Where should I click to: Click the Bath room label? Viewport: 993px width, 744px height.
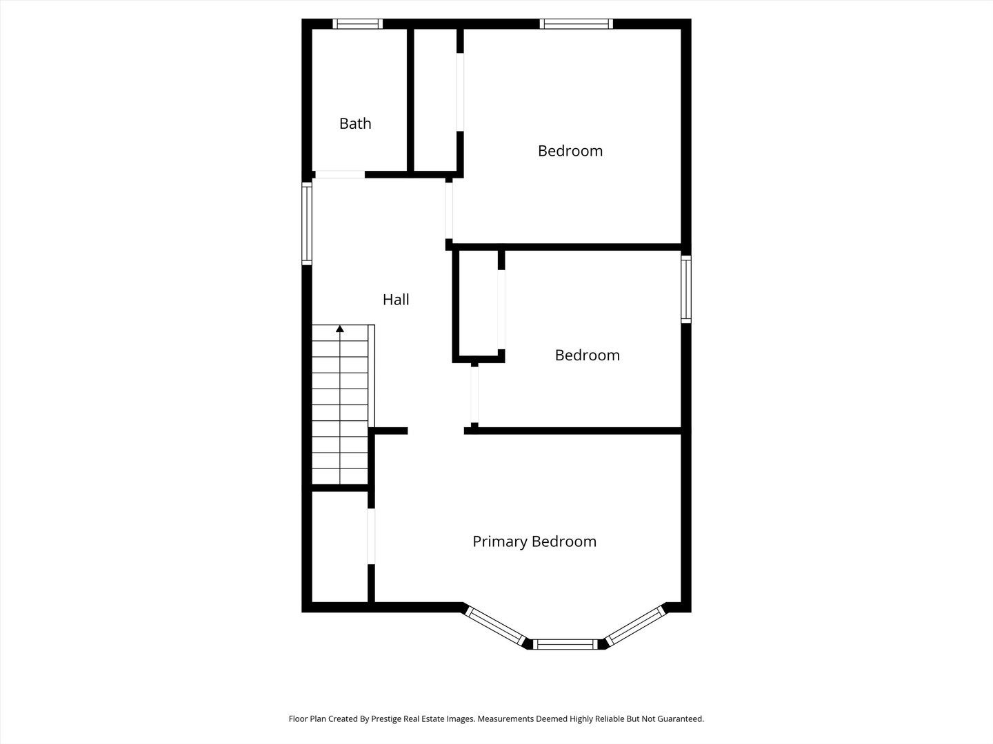(x=355, y=123)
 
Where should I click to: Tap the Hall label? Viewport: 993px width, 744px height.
(x=396, y=300)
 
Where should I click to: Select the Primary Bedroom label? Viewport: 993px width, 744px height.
(x=534, y=541)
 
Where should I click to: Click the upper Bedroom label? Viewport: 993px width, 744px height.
(x=570, y=151)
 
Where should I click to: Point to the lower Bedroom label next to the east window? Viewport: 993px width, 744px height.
(x=588, y=355)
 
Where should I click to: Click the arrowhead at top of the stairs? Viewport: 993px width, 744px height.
(x=340, y=329)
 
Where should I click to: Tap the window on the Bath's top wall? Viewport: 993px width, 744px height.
(x=358, y=23)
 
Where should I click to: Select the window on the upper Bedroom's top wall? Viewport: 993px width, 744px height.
(x=576, y=23)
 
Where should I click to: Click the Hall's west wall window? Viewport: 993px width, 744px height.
(x=307, y=223)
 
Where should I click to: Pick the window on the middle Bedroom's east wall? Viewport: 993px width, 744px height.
(x=686, y=289)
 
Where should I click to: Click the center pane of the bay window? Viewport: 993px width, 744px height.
(x=565, y=645)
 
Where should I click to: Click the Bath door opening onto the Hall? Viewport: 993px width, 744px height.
(x=339, y=174)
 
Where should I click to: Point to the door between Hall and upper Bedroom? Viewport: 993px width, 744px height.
(x=449, y=210)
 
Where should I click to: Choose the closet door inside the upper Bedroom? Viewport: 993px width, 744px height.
(x=460, y=92)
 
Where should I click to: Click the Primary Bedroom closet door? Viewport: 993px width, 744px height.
(x=371, y=537)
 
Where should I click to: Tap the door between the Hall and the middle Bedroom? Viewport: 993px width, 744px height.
(x=474, y=394)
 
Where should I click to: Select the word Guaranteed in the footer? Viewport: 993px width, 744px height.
(x=679, y=719)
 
